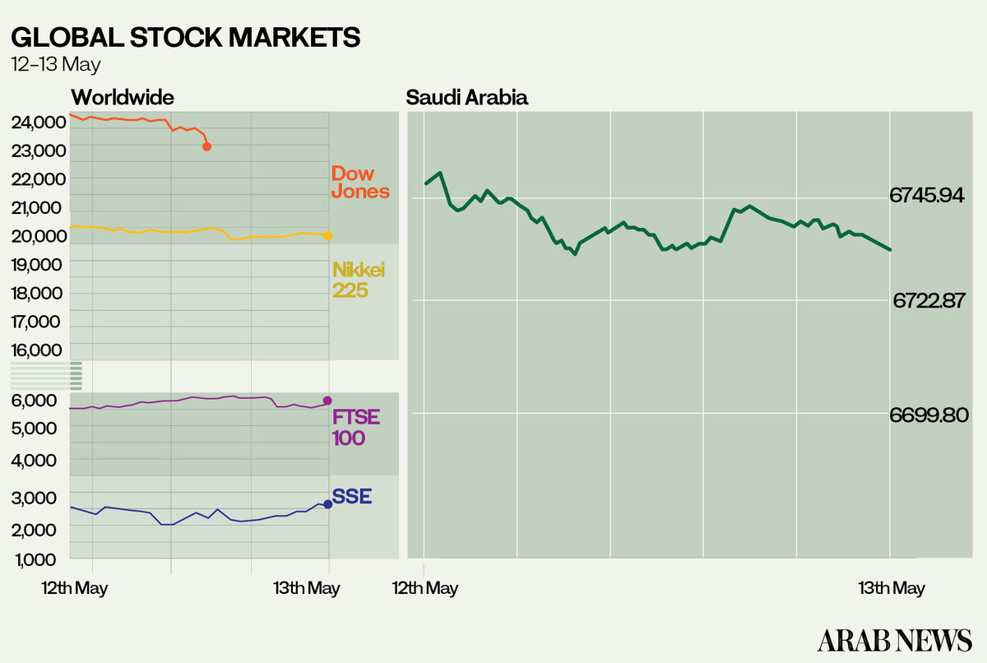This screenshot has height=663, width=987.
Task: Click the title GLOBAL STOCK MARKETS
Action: pyautogui.click(x=185, y=38)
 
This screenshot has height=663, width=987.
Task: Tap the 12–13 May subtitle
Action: pyautogui.click(x=56, y=64)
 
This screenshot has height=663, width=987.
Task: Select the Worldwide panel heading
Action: pyautogui.click(x=123, y=97)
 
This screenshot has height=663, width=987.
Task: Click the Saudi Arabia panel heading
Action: pyautogui.click(x=467, y=98)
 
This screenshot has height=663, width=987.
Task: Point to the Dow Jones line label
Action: pyautogui.click(x=359, y=183)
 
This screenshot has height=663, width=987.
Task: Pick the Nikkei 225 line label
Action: pyautogui.click(x=359, y=280)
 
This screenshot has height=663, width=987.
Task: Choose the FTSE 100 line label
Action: pyautogui.click(x=355, y=427)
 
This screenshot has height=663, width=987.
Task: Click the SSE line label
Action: pyautogui.click(x=352, y=497)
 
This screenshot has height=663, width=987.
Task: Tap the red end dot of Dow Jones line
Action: pyautogui.click(x=206, y=146)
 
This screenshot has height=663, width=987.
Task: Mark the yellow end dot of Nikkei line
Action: pyautogui.click(x=328, y=236)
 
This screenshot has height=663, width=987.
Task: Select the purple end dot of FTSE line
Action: pyautogui.click(x=327, y=401)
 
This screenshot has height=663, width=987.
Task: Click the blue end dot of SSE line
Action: pyautogui.click(x=328, y=503)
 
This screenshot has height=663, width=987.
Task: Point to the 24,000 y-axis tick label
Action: pyautogui.click(x=39, y=123)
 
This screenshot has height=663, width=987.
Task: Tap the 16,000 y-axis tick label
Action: pyautogui.click(x=39, y=350)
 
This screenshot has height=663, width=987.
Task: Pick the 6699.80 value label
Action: pyautogui.click(x=929, y=415)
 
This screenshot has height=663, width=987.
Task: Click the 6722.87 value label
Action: pyautogui.click(x=929, y=301)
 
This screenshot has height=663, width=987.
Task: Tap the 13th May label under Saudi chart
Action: pyautogui.click(x=892, y=588)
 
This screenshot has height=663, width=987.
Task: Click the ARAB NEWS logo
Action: pyautogui.click(x=895, y=639)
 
